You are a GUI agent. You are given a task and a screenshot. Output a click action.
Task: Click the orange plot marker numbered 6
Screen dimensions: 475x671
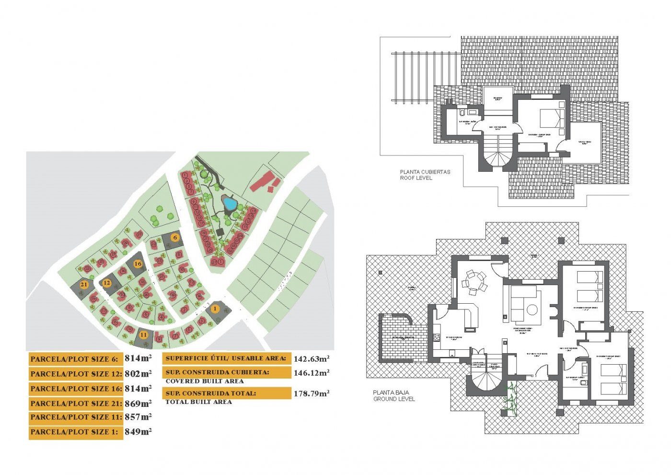pyautogui.click(x=175, y=237)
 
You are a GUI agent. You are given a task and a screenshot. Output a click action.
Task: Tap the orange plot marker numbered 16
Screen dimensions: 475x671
pyautogui.click(x=138, y=263)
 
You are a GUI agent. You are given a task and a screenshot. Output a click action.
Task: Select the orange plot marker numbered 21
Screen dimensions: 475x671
pyautogui.click(x=84, y=285)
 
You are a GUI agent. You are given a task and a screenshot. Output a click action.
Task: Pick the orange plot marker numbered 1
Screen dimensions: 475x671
pyautogui.click(x=215, y=309)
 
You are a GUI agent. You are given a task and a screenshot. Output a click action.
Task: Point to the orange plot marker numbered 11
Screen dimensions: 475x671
pyautogui.click(x=143, y=335)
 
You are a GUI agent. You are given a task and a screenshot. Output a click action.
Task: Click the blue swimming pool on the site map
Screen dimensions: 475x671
pyautogui.click(x=230, y=204)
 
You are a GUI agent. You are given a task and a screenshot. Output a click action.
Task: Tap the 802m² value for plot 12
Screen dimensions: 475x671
pyautogui.click(x=138, y=374)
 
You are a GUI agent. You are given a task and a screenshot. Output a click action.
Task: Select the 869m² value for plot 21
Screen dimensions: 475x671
pyautogui.click(x=138, y=404)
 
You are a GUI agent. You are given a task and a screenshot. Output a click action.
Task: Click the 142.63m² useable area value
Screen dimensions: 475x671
pyautogui.click(x=311, y=359)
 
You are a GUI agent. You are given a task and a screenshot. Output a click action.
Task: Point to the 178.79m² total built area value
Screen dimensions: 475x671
pyautogui.click(x=311, y=393)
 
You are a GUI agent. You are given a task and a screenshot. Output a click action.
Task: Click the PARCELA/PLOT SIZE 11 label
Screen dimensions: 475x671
pyautogui.click(x=76, y=417)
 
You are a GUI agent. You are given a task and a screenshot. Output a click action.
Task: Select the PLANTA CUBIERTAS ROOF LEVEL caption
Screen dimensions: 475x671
pyautogui.click(x=425, y=175)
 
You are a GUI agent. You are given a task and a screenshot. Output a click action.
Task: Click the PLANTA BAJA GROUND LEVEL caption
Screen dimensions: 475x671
pyautogui.click(x=394, y=396)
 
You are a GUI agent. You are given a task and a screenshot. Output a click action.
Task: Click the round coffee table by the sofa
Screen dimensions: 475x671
pyautogui.click(x=532, y=310)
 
